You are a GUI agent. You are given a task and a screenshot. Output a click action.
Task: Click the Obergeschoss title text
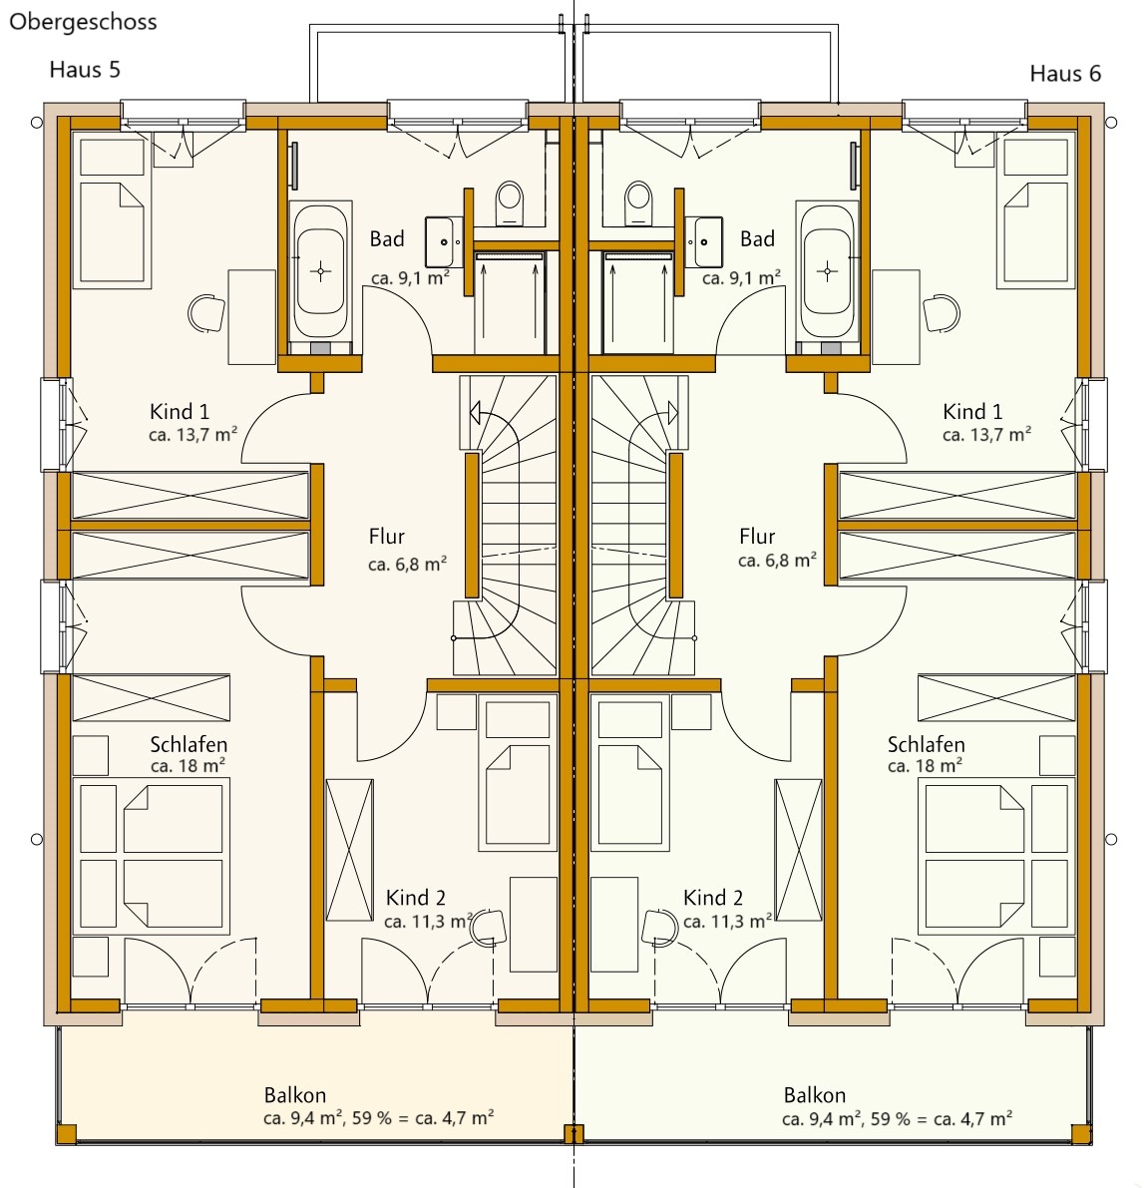pyautogui.click(x=83, y=22)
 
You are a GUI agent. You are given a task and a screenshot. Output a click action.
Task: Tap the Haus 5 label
pyautogui.click(x=85, y=70)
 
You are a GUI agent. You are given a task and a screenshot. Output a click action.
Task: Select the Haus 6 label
pyautogui.click(x=1065, y=74)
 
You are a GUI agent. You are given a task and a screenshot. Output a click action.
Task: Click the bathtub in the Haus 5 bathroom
pyautogui.click(x=320, y=270)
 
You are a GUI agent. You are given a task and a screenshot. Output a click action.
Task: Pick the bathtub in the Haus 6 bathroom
pyautogui.click(x=827, y=270)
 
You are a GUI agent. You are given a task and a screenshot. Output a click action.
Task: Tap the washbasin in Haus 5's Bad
pyautogui.click(x=444, y=241)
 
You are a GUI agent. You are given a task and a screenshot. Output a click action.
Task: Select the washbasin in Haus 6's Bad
pyautogui.click(x=704, y=241)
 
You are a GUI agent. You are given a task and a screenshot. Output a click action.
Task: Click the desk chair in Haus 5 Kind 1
pyautogui.click(x=206, y=312)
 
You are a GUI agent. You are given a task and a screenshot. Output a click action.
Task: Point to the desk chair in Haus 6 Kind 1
pyautogui.click(x=942, y=312)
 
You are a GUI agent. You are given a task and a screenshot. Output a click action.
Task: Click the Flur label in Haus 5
pyautogui.click(x=386, y=537)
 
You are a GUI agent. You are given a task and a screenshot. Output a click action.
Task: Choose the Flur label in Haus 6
pyautogui.click(x=757, y=537)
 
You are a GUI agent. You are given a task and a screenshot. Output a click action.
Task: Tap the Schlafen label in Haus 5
pyautogui.click(x=189, y=744)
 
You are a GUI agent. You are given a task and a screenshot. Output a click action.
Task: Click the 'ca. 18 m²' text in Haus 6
pyautogui.click(x=925, y=766)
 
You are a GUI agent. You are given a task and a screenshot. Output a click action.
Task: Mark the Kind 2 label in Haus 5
pyautogui.click(x=415, y=898)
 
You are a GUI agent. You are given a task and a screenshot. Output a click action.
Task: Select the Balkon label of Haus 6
pyautogui.click(x=815, y=1095)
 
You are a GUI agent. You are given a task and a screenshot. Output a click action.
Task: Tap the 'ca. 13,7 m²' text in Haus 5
pyautogui.click(x=193, y=435)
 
